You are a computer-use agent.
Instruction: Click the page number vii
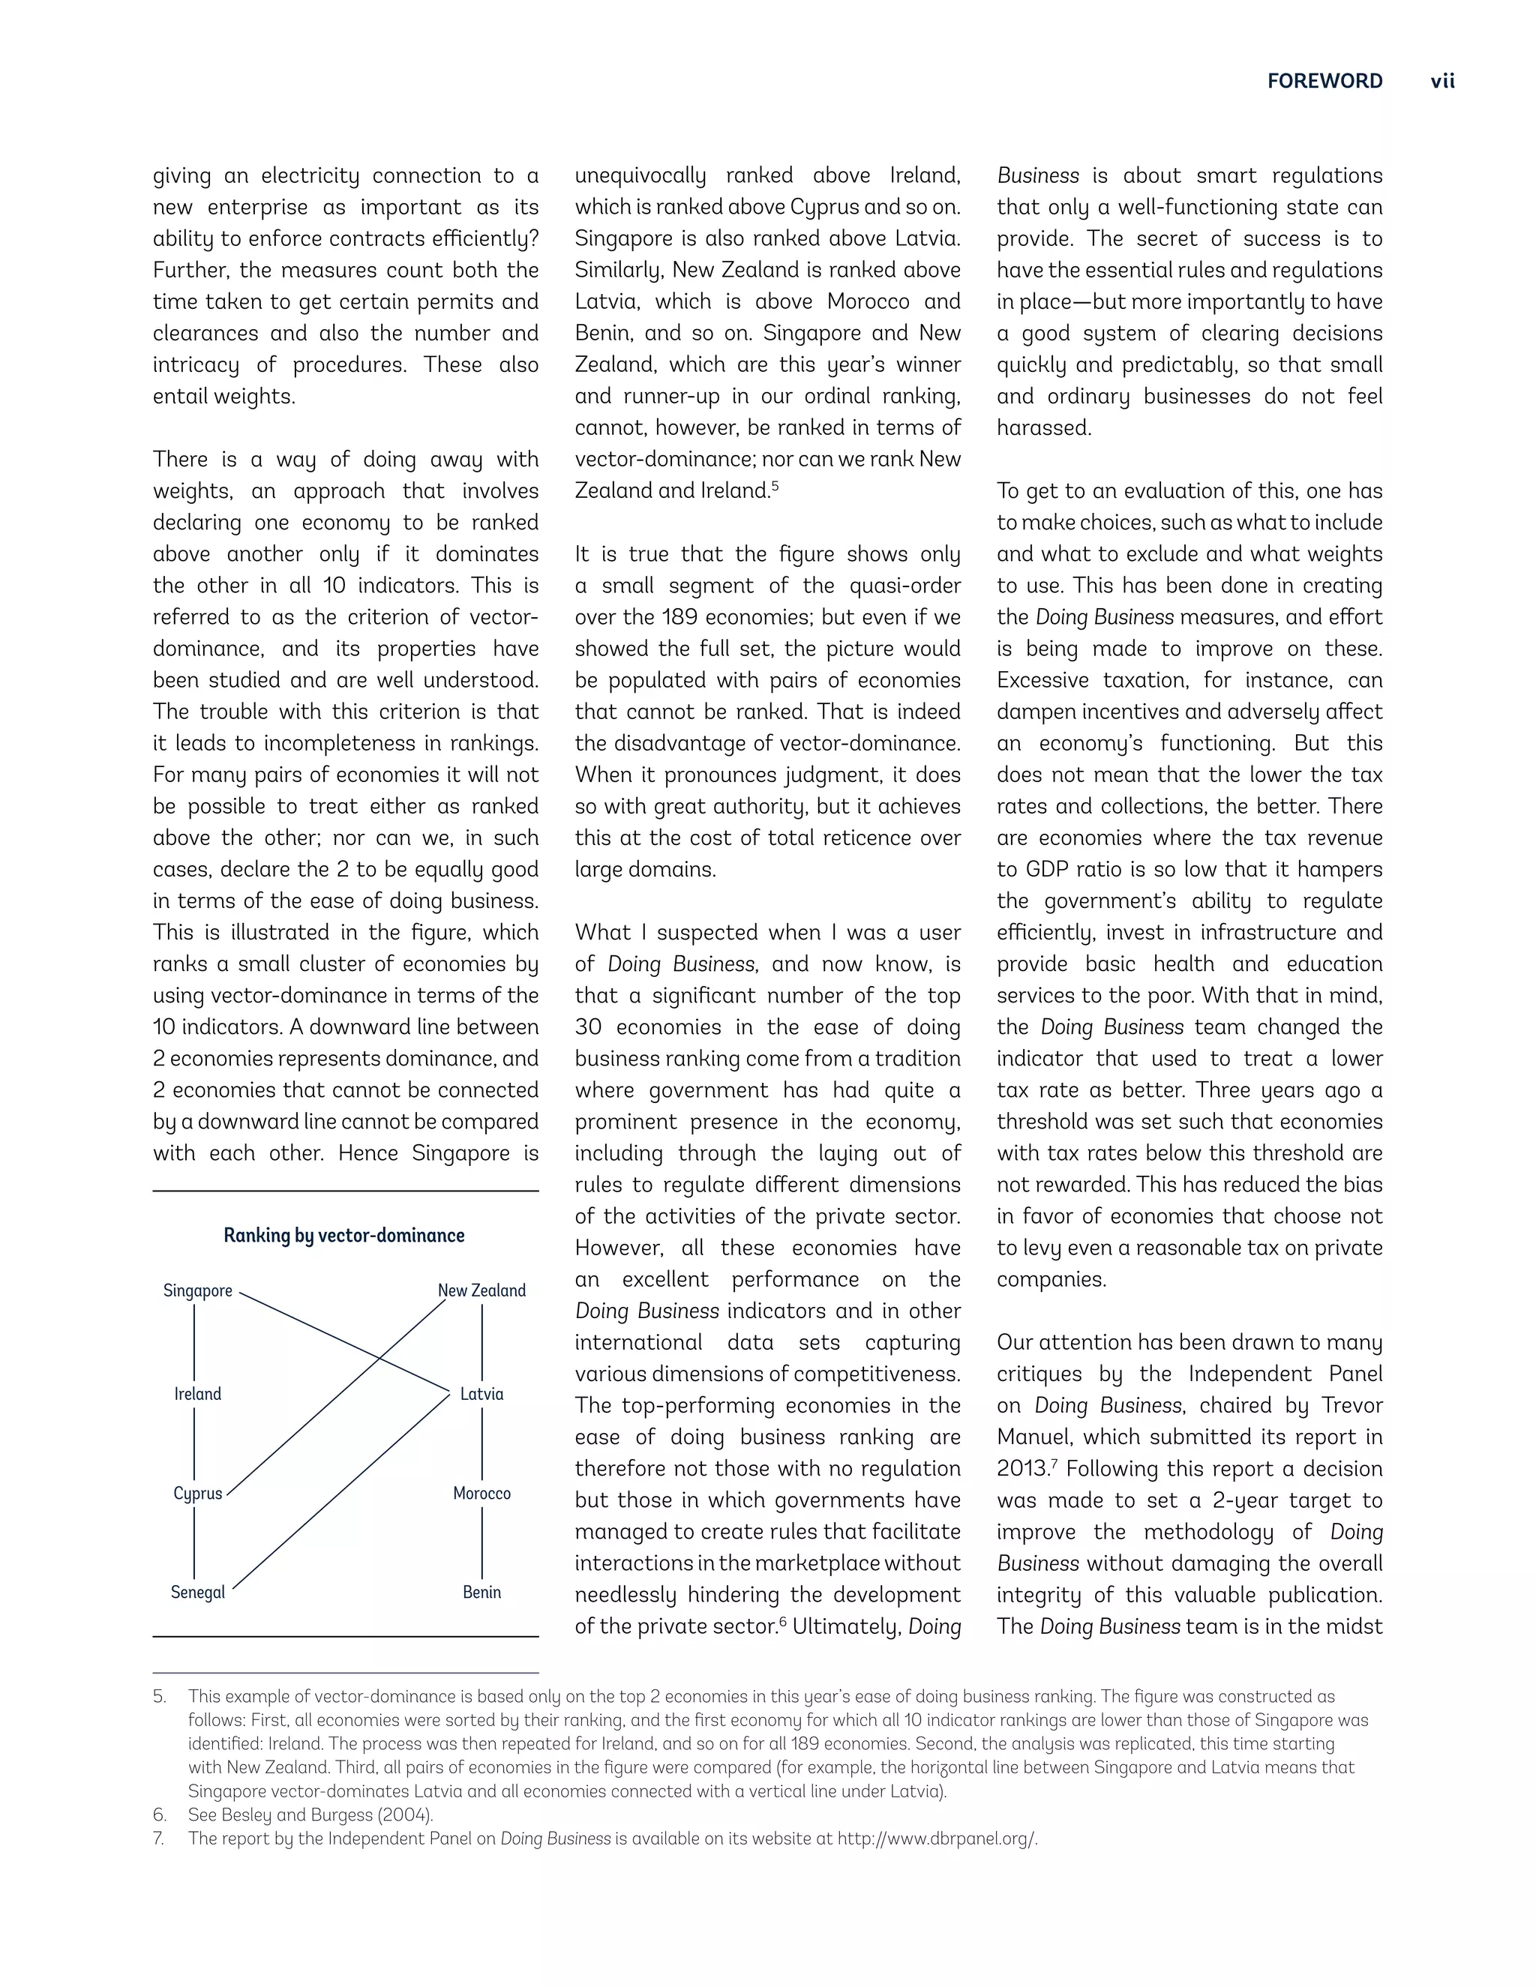tap(1442, 81)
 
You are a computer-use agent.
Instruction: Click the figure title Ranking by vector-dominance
tap(344, 1236)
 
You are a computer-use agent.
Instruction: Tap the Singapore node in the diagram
tap(197, 1291)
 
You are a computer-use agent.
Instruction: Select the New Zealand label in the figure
tap(481, 1291)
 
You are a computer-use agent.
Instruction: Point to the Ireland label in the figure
tap(197, 1394)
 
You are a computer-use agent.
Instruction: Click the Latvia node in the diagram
tap(481, 1394)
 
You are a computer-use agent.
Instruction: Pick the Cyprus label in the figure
tap(197, 1493)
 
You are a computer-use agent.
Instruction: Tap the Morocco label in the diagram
tap(481, 1493)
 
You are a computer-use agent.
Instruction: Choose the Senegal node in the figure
tap(197, 1592)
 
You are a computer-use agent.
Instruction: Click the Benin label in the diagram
tap(481, 1592)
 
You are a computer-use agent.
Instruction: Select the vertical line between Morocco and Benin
tap(482, 1543)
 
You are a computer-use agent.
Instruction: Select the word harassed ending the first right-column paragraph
tap(1042, 427)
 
